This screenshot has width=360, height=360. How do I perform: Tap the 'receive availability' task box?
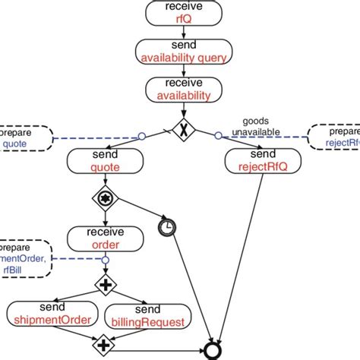point(183,90)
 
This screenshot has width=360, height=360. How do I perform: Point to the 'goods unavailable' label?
point(261,125)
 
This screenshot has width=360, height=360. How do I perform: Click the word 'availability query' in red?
point(183,55)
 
